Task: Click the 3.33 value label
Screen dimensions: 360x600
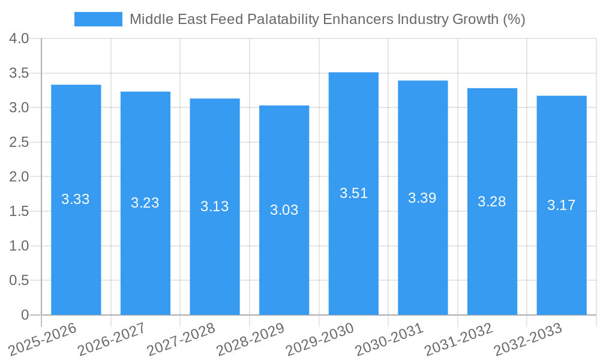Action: (x=76, y=199)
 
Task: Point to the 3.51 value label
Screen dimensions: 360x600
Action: (x=353, y=193)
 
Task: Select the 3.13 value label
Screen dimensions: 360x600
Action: (x=215, y=206)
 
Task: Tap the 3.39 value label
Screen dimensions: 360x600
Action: (x=422, y=198)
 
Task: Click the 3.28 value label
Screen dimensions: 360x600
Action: (x=492, y=202)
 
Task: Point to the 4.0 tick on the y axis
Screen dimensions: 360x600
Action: (x=19, y=38)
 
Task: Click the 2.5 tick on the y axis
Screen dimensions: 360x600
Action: (x=19, y=142)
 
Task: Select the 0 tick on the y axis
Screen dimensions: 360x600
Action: (x=25, y=315)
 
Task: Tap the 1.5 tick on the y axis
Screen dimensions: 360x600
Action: (x=19, y=211)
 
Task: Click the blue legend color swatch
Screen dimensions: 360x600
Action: (x=98, y=19)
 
